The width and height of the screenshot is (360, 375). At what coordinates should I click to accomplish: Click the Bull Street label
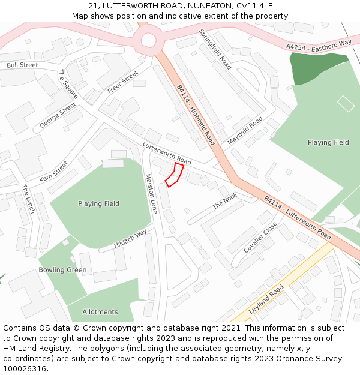tap(22, 65)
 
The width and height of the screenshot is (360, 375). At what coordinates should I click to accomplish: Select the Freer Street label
tap(123, 82)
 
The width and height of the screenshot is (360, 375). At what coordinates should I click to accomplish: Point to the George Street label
tap(58, 115)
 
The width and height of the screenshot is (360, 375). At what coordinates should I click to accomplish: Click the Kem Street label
tap(54, 171)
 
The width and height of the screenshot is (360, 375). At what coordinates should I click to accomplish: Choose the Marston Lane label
tap(151, 194)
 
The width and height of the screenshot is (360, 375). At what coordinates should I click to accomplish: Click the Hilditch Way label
tap(130, 239)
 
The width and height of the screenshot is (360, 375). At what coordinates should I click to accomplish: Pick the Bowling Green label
tap(62, 270)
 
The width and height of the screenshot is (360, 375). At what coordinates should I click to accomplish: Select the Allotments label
tap(100, 311)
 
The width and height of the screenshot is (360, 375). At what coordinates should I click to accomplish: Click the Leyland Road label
tap(266, 299)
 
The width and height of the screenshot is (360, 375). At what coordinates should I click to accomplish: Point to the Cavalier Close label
tap(260, 237)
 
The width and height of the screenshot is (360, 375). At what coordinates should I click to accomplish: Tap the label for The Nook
tap(225, 201)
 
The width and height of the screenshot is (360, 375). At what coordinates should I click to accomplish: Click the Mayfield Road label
tap(245, 130)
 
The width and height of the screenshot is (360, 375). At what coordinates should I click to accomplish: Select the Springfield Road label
tap(215, 49)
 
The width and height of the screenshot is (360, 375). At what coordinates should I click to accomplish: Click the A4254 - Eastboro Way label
tap(319, 45)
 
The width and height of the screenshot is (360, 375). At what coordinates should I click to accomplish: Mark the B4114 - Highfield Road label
tap(196, 115)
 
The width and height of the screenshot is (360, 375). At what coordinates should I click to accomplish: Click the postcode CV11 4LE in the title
tap(256, 6)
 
